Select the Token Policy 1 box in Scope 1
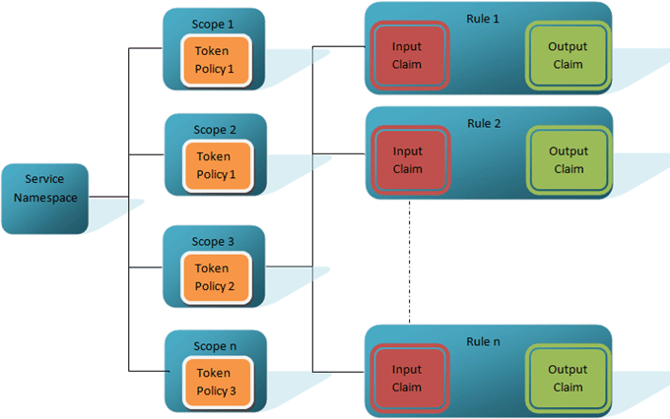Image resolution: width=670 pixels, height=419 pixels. click(215, 60)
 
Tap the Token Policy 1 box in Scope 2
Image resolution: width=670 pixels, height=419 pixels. click(215, 165)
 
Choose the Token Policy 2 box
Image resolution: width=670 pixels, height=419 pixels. click(215, 277)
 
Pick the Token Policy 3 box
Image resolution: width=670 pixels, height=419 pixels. click(215, 382)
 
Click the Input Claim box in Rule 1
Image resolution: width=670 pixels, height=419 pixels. click(407, 56)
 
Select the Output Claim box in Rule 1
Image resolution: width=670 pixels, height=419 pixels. click(568, 56)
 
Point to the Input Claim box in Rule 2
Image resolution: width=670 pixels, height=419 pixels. click(407, 160)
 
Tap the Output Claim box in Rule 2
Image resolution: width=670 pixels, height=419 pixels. click(568, 160)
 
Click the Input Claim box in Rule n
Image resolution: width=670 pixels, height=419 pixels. click(407, 379)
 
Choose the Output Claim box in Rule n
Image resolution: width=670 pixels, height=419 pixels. click(568, 379)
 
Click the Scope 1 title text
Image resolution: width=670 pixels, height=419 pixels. click(214, 23)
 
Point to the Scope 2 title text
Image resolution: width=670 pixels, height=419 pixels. click(214, 129)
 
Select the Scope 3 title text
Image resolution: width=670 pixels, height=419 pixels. click(214, 241)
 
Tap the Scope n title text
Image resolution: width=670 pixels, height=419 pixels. click(214, 346)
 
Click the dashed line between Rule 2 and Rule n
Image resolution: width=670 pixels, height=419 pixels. click(409, 261)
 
